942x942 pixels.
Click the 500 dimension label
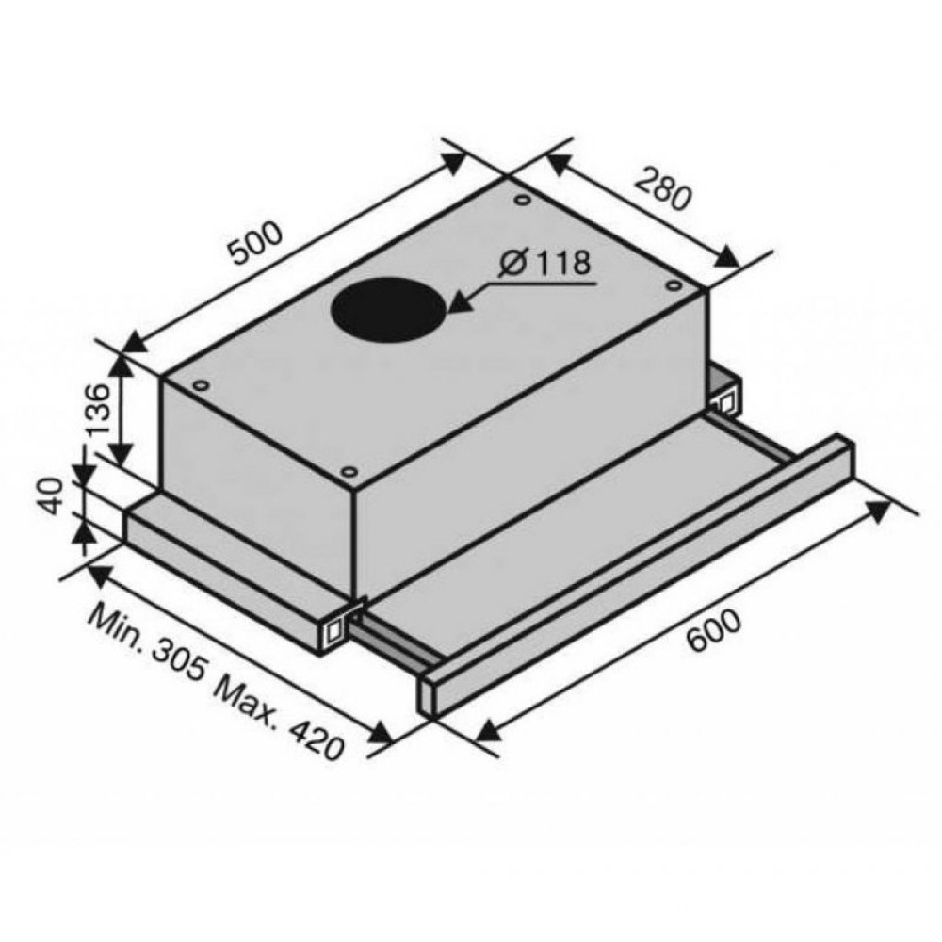point(256,243)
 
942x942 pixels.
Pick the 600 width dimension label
point(714,631)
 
